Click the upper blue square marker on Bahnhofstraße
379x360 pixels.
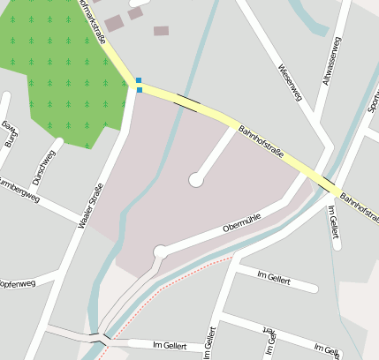[139, 80]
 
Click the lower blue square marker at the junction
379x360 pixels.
[139, 89]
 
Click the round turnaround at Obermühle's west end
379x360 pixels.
[161, 252]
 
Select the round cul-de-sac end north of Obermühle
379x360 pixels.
[195, 180]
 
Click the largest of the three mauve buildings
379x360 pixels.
[114, 23]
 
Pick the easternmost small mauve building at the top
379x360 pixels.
[161, 31]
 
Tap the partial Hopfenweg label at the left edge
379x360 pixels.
[17, 284]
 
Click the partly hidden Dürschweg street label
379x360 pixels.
[42, 166]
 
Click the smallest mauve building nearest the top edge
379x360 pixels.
[135, 13]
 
